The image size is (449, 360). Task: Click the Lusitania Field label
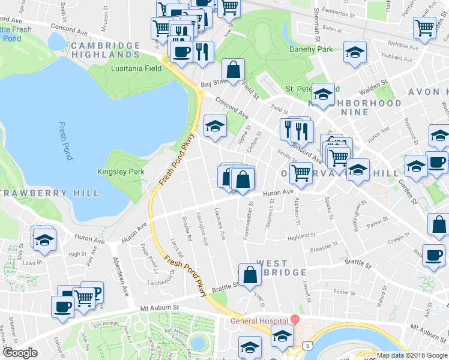(x=136, y=68)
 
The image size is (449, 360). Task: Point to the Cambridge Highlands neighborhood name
(x=105, y=50)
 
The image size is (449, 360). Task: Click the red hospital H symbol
(x=294, y=320)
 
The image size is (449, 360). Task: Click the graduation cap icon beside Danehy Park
(x=355, y=53)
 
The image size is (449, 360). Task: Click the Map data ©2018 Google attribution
(x=411, y=355)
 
